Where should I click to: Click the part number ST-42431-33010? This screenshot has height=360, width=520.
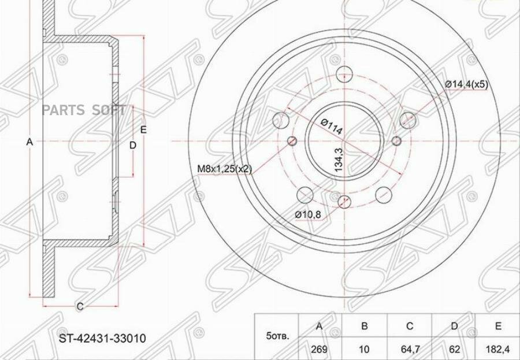pos(102,339)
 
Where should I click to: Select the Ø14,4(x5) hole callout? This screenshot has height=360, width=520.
pos(467,84)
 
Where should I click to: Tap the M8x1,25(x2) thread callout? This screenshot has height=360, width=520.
pos(225,169)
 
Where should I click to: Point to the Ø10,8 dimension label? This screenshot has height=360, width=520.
pos(308,215)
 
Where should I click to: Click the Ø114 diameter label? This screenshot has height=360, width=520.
pos(331,127)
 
